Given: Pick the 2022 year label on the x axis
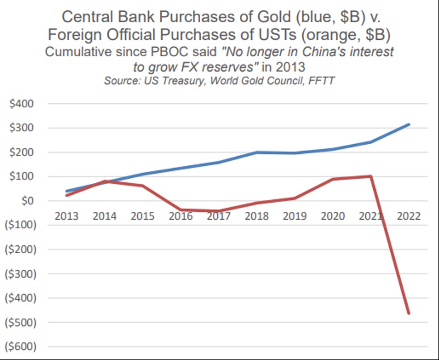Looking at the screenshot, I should point(408,216).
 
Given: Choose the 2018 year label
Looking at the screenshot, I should point(257,216).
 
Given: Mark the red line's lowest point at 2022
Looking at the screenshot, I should point(408,313).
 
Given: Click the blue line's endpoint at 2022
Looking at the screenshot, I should point(408,125).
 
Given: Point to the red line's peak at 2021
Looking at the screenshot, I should point(371,176).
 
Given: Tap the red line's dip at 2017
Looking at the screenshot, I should point(219,211).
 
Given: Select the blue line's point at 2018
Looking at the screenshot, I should point(257,152).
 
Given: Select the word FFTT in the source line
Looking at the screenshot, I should point(321,80).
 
